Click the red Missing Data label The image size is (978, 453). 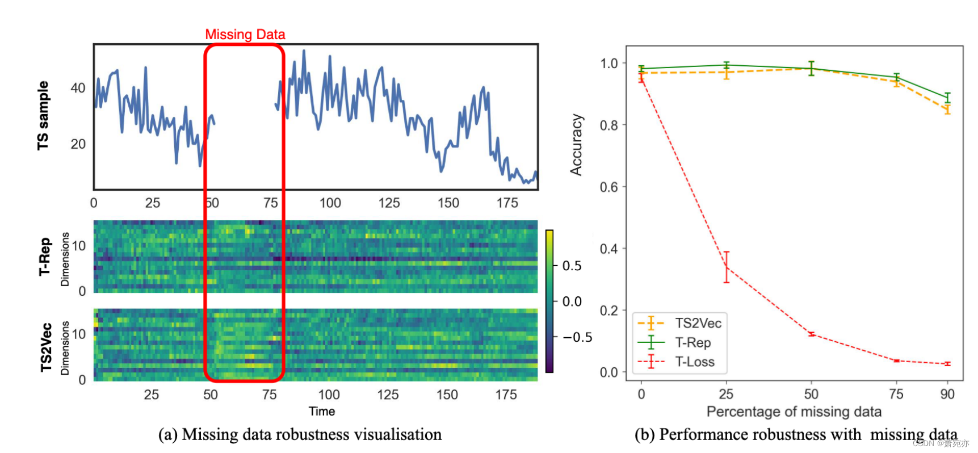245,35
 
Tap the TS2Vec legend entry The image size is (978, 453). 698,323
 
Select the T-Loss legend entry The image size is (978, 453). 695,362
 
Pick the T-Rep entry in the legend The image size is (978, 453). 692,342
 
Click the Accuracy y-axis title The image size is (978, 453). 576,145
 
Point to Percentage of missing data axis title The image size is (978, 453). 794,412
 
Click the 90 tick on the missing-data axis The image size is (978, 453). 947,394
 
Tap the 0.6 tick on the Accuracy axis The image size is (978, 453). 609,187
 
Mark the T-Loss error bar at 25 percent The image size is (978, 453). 726,267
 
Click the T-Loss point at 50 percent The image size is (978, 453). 811,334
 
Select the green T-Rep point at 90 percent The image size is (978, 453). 947,98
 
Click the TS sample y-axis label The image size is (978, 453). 43,116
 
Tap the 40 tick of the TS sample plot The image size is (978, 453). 78,88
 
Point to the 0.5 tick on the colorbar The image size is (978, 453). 572,266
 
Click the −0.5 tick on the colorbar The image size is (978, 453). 577,337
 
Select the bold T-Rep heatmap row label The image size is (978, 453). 44,257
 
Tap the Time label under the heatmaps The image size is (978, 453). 321,411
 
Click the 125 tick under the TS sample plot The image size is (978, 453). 389,203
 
